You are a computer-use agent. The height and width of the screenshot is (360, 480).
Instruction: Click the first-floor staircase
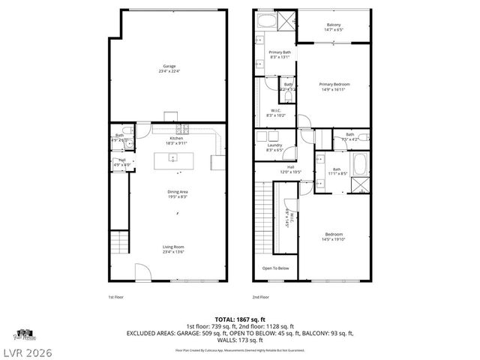(121, 244)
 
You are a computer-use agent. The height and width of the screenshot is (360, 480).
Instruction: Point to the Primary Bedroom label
(334, 85)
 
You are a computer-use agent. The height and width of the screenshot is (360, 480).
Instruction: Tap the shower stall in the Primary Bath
(284, 20)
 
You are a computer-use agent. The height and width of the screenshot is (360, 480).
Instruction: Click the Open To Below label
(274, 268)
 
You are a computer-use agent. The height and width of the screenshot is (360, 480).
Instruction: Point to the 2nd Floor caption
(260, 297)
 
